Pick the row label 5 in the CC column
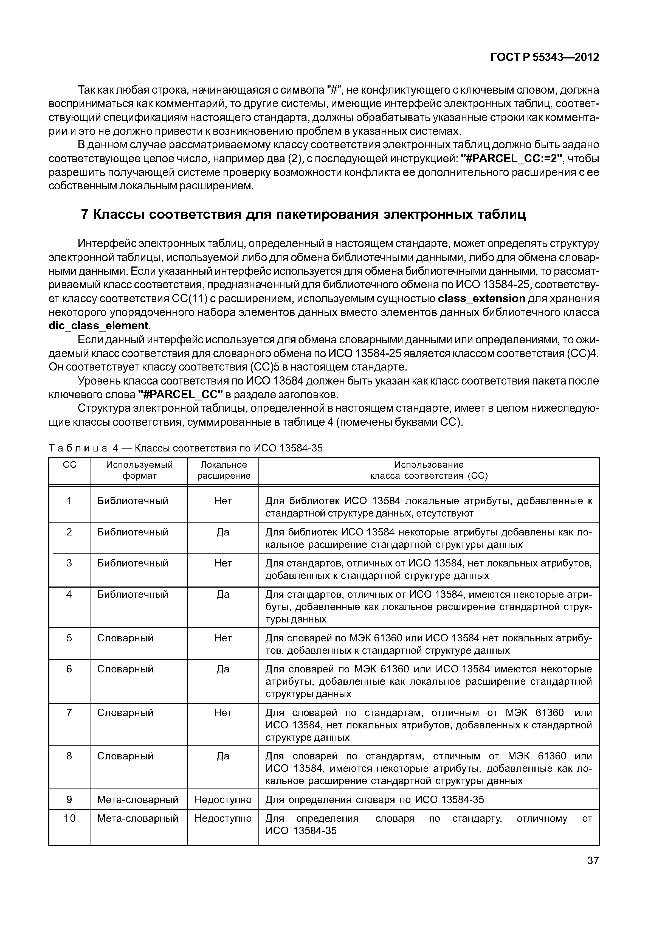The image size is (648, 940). (x=69, y=638)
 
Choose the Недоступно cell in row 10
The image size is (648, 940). (x=223, y=818)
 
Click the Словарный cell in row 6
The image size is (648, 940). (x=125, y=669)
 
